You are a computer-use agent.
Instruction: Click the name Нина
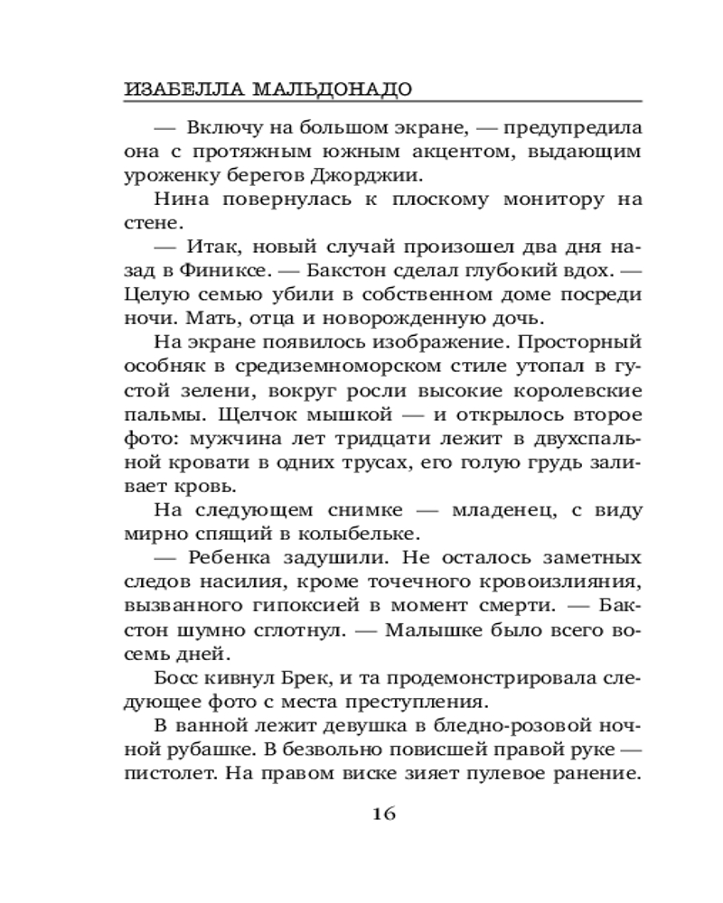coord(176,199)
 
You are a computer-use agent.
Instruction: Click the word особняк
coord(161,367)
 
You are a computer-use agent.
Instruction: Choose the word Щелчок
coord(230,414)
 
